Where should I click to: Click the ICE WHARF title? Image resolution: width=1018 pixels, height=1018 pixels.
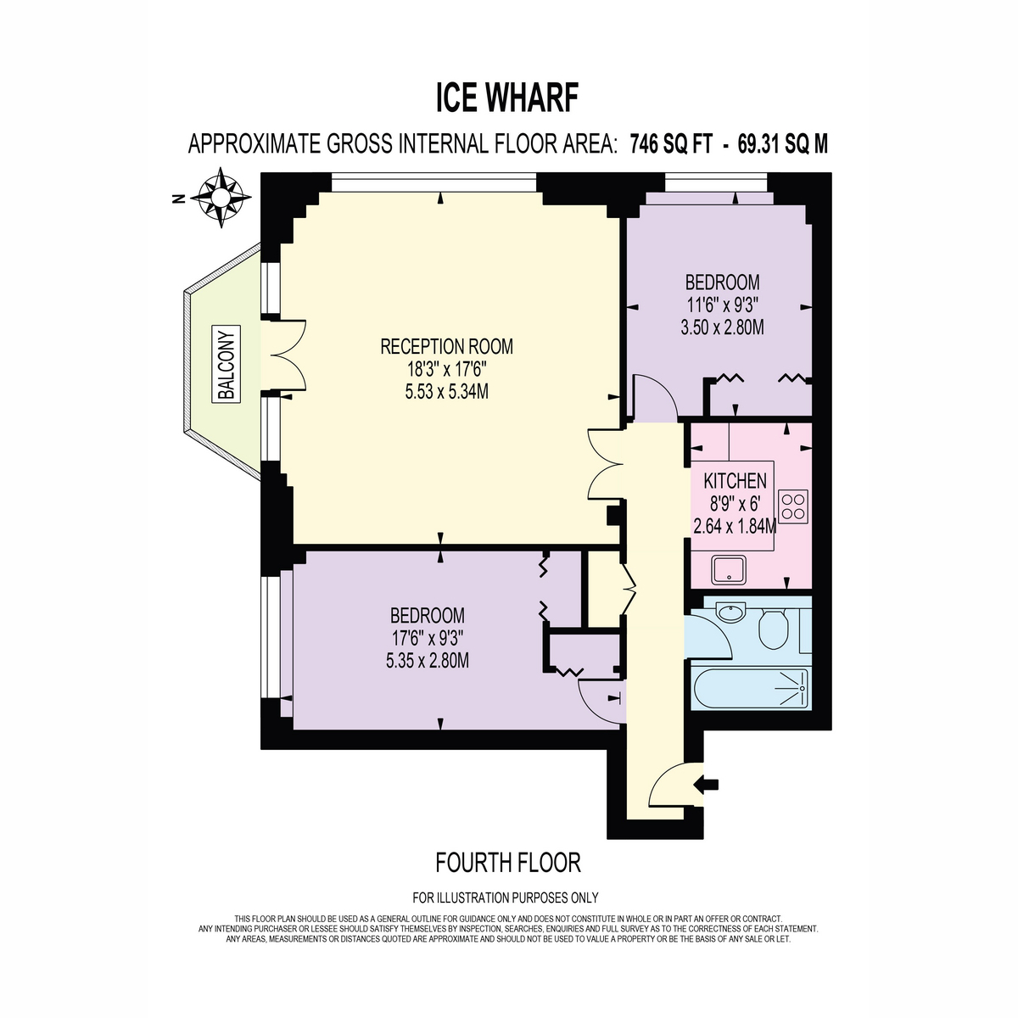(507, 98)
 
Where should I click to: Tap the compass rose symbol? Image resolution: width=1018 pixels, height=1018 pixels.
(221, 199)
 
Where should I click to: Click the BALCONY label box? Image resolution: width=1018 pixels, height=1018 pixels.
(227, 365)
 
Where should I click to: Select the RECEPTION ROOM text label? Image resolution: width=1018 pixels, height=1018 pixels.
(446, 347)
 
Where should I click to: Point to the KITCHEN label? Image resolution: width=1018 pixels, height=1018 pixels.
(735, 481)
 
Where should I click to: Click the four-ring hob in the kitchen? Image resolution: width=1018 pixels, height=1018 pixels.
(793, 507)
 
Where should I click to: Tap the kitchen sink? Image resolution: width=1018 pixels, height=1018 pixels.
(729, 571)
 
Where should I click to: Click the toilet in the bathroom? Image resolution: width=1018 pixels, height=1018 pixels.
(775, 629)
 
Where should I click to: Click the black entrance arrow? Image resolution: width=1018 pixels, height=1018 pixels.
(707, 785)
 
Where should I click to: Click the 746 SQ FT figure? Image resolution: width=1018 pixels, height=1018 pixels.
(671, 144)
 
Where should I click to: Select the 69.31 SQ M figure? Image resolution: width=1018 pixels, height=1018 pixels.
(782, 144)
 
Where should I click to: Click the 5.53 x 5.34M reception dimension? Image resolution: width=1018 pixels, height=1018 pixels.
(446, 391)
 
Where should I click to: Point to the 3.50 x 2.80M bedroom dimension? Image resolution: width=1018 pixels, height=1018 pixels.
(722, 327)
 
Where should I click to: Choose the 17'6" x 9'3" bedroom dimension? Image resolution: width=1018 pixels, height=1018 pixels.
(427, 638)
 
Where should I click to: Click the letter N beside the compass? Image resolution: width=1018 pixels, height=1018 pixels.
(179, 199)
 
